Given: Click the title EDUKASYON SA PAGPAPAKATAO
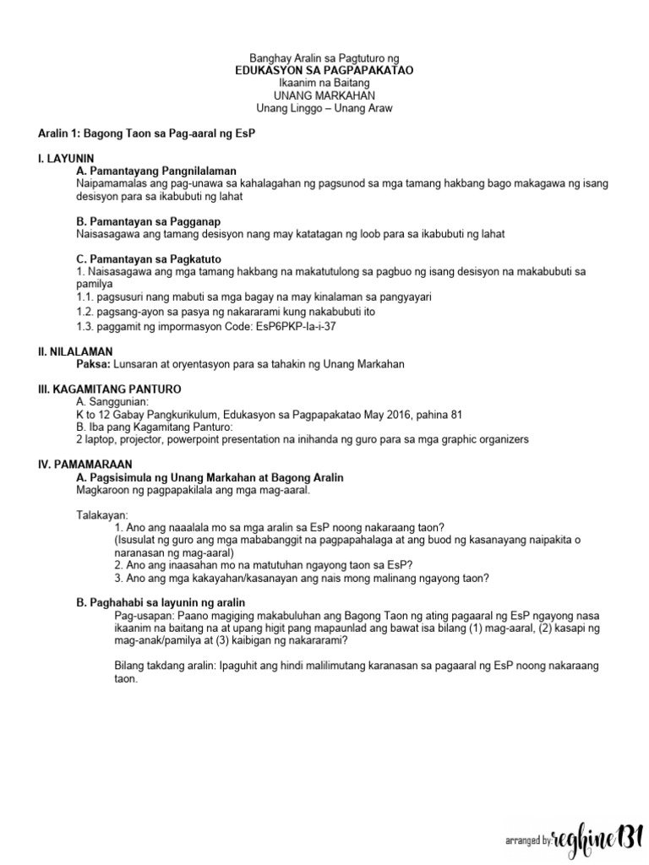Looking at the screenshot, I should click(x=324, y=72).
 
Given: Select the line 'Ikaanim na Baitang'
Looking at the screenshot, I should click(x=324, y=84).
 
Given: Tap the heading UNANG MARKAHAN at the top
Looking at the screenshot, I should click(x=324, y=96).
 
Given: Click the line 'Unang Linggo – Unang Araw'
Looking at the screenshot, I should click(x=324, y=109).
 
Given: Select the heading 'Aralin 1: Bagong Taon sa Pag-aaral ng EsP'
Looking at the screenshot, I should click(x=147, y=133).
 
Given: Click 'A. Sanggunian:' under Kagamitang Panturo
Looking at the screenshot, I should click(x=112, y=401).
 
